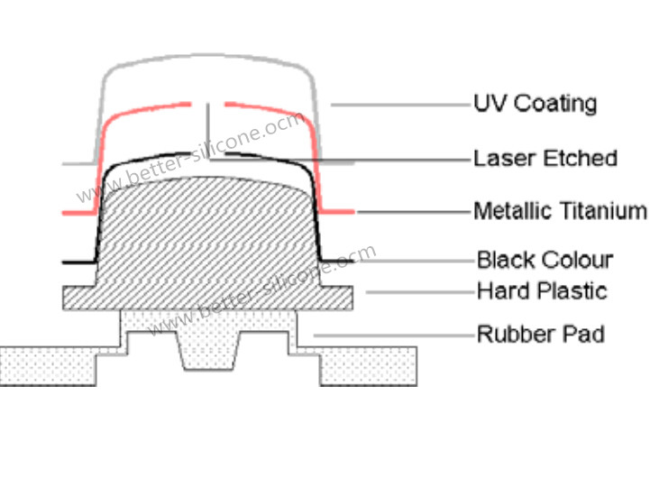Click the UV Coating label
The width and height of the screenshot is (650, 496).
pos(536,103)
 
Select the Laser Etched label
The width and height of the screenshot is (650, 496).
pos(545,159)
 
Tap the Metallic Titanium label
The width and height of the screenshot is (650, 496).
pos(560,212)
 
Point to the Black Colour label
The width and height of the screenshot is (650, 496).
pos(545,261)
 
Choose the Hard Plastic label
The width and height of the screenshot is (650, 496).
pos(542,291)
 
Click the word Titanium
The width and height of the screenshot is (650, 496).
pos(608,212)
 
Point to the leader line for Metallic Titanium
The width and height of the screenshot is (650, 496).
pos(414,213)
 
